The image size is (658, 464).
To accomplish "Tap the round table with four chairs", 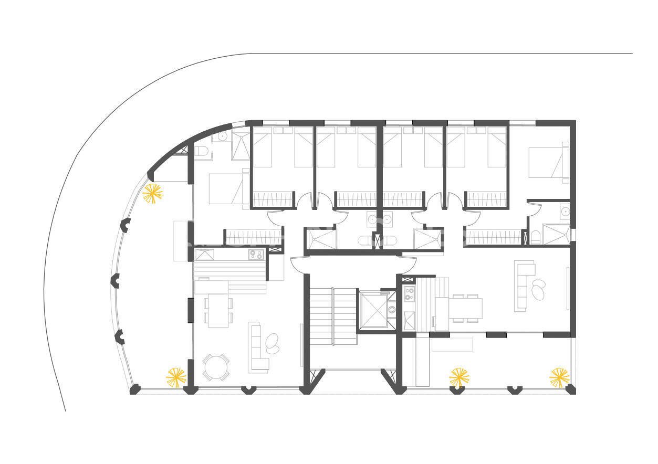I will coord(216,367).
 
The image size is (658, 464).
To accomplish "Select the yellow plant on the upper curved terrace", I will coord(153,194).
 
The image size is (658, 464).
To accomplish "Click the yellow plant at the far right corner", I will coord(559,377).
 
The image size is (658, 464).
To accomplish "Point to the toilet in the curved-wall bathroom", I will coord(203,152).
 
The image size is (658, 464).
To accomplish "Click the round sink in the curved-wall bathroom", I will coord(222,136).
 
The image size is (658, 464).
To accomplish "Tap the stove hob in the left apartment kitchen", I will coord(256,255).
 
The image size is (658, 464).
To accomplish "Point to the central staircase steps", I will coord(332,315).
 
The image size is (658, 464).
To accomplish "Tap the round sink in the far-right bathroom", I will coord(565,212).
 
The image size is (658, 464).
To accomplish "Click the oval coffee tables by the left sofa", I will coord(273,342).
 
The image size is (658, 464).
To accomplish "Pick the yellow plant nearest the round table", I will coord(176,377).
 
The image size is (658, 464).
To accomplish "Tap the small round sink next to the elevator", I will coord(392,310).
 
